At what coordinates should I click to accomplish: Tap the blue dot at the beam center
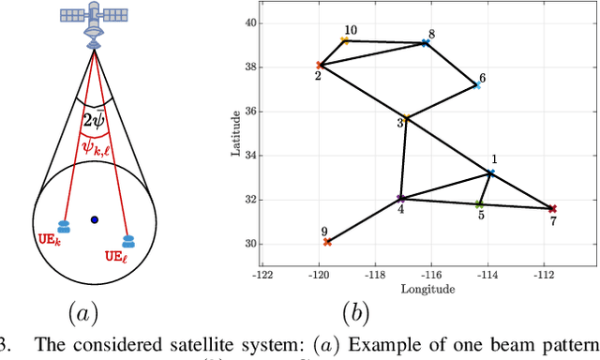click(x=94, y=220)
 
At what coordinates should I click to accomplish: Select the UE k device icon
click(x=64, y=226)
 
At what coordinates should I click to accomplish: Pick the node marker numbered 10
click(x=345, y=41)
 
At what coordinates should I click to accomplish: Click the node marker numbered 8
click(x=425, y=43)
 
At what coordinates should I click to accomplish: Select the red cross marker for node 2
click(x=320, y=66)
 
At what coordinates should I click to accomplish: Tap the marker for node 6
click(x=477, y=85)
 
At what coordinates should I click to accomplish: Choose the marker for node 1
click(x=490, y=173)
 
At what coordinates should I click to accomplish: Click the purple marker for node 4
click(x=400, y=199)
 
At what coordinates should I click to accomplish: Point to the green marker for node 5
click(x=479, y=204)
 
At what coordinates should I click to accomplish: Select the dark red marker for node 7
click(x=552, y=209)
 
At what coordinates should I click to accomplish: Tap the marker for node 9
click(x=327, y=242)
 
